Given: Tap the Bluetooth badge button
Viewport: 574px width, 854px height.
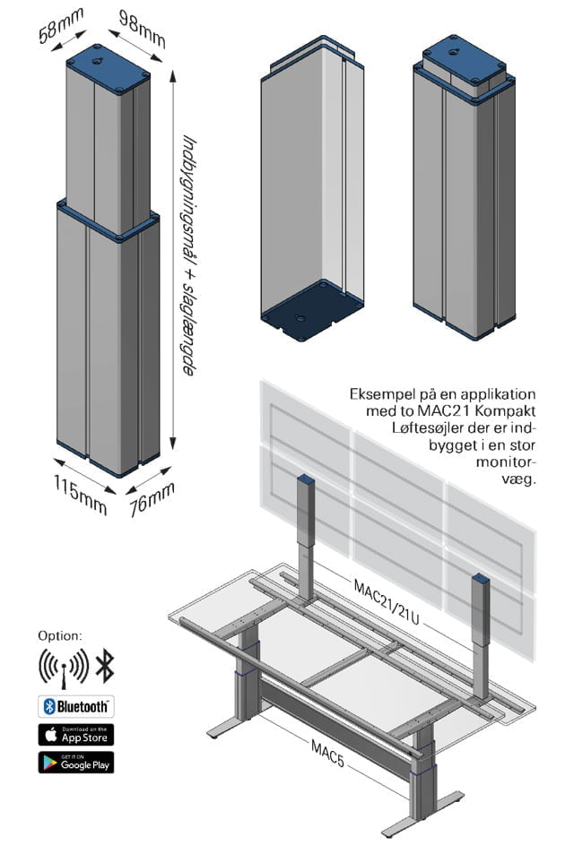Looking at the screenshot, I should [x=75, y=706].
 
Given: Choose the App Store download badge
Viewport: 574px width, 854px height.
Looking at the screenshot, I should [x=75, y=734].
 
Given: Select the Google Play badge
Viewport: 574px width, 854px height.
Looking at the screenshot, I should [x=75, y=763].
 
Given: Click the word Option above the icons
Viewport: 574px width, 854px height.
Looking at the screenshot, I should [x=60, y=634].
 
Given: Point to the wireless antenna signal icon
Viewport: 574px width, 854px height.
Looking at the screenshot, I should [x=63, y=666].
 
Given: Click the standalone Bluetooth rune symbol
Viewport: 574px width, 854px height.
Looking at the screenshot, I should [x=105, y=666].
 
